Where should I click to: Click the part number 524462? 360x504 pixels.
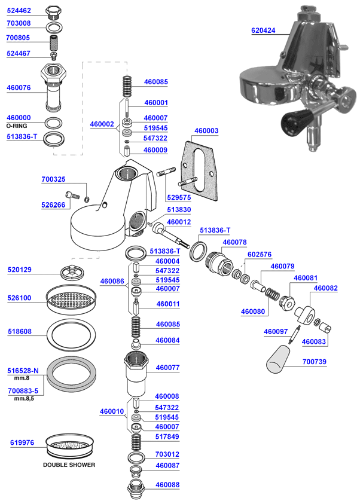(x=19, y=10)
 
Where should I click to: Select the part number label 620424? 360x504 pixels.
(x=263, y=30)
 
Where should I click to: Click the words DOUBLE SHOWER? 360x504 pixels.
(x=69, y=465)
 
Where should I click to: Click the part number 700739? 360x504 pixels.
(x=315, y=362)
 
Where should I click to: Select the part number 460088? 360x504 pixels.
(x=168, y=485)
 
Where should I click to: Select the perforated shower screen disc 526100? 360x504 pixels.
(x=71, y=297)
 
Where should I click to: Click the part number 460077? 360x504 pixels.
(x=168, y=368)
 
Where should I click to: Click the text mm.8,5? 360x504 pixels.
(x=22, y=398)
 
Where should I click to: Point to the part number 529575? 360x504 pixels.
(x=178, y=197)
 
